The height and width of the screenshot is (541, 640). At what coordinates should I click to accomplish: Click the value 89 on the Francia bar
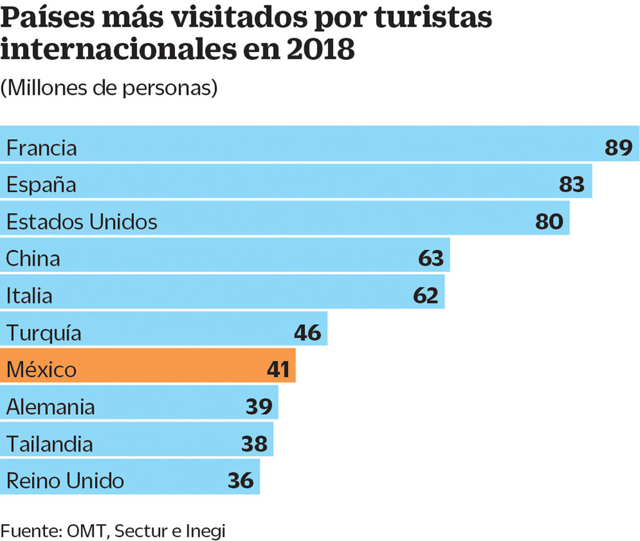coord(619,148)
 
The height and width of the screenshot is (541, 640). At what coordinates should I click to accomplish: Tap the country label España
coord(41,185)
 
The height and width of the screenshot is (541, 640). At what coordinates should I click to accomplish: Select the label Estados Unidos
coord(81,222)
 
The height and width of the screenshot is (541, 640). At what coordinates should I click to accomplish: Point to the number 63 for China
coord(431,259)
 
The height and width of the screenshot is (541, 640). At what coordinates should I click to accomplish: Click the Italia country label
coord(29,295)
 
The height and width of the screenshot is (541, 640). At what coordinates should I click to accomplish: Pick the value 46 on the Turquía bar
coord(307,332)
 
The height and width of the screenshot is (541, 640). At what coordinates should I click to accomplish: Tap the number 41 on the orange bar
coord(277,369)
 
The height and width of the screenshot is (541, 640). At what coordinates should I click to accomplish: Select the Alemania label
coord(51,407)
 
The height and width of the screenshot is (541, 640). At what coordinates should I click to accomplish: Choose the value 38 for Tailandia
coord(254,444)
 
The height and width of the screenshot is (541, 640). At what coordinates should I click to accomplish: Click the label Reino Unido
coord(65,480)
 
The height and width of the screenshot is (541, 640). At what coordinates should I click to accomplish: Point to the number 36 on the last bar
coord(241,480)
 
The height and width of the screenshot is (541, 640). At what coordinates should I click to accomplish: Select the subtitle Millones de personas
coord(109,88)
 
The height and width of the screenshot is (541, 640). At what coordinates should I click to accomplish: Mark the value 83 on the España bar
coord(571,185)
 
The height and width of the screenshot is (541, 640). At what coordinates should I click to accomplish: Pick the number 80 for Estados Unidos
coord(549,222)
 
